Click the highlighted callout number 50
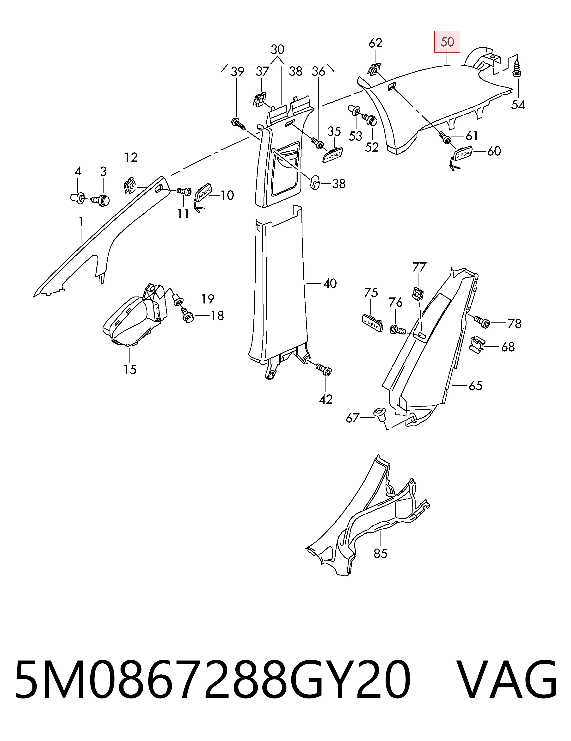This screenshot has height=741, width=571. (447, 42)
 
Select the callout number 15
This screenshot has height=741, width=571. (130, 370)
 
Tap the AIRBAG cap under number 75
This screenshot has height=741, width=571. (372, 322)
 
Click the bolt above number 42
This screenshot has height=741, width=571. (323, 369)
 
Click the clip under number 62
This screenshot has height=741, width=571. (374, 69)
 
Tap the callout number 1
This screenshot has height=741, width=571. (81, 222)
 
